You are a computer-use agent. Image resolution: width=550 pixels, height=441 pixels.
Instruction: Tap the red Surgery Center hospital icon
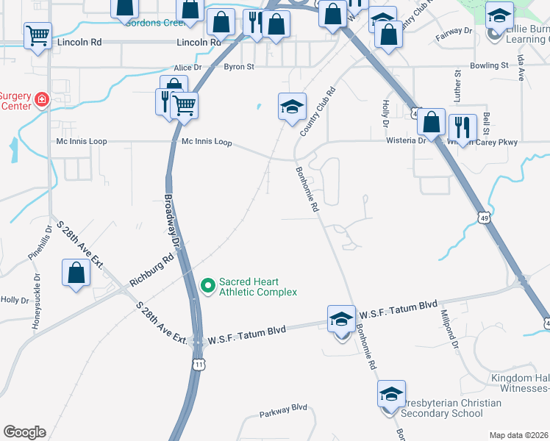42,98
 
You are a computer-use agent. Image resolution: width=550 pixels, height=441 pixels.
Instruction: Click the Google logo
24,432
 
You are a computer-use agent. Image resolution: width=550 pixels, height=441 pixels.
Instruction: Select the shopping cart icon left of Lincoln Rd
37,35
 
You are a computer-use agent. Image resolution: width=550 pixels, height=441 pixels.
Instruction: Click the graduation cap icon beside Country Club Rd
292,106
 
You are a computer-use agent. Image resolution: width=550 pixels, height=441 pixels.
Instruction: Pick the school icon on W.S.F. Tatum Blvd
341,319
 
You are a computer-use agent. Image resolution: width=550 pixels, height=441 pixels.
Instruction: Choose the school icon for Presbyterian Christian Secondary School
391,395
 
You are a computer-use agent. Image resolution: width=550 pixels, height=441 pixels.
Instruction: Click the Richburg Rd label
151,270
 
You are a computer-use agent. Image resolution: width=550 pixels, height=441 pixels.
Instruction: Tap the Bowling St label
490,65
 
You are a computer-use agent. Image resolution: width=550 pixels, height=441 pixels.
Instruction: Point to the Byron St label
238,66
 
